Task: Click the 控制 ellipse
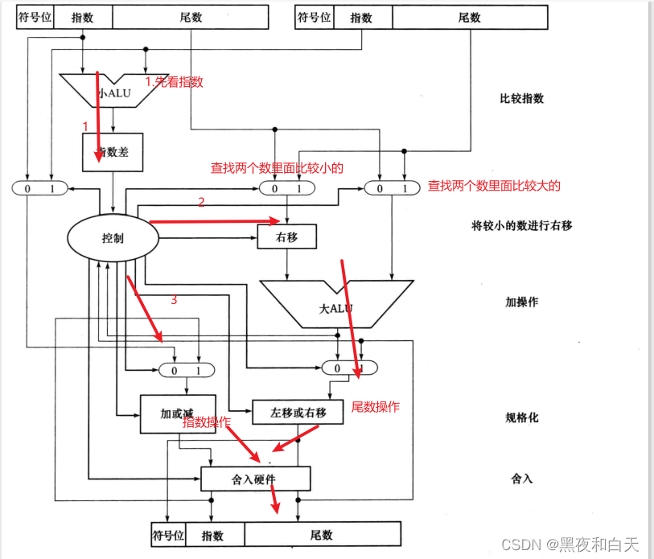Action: pos(113,239)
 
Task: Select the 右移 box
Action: pos(286,237)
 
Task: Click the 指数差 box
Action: pos(113,152)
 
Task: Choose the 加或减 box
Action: pos(176,413)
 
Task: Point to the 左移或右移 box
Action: pos(298,413)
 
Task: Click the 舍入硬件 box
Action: pos(255,479)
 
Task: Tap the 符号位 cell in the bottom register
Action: pos(169,535)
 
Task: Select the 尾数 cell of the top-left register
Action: pos(191,18)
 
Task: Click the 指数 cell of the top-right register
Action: pos(361,18)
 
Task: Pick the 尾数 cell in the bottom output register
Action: pos(322,535)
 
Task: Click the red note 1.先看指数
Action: pos(174,81)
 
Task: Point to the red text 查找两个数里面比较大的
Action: pos(494,186)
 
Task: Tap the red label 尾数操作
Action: pos(375,407)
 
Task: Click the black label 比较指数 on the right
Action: pos(521,99)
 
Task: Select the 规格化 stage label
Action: pos(521,418)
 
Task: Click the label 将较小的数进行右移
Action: pos(521,225)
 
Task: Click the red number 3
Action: pos(173,300)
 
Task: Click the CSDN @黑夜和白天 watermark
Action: pos(570,545)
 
